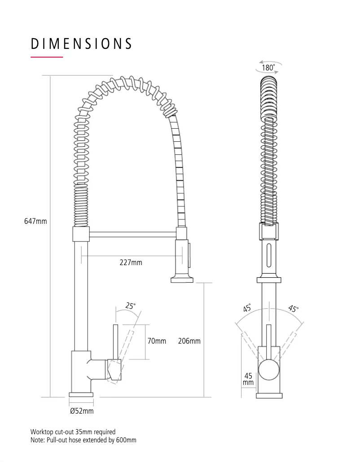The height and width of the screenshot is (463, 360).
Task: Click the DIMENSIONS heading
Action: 81,44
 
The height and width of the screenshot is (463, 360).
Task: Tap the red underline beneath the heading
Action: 47,57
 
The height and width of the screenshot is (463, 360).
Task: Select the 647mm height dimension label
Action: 35,221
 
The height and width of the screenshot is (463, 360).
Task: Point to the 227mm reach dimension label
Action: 131,262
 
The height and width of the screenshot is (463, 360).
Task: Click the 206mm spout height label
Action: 189,341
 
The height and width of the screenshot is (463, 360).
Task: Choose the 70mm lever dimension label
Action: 157,341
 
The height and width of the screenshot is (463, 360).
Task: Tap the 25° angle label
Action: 130,306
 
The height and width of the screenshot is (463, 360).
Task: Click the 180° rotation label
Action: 268,68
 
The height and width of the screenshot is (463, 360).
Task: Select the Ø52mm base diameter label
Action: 82,411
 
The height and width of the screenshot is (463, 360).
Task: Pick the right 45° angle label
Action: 293,309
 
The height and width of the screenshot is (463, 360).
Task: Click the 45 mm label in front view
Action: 248,379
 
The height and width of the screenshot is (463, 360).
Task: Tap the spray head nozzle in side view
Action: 182,280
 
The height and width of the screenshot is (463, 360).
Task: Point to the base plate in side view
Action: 81,394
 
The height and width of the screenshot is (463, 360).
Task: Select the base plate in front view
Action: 269,395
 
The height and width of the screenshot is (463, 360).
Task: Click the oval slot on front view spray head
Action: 269,256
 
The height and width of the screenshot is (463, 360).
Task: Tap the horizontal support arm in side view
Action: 132,234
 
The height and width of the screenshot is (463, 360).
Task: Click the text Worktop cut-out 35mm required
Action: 73,432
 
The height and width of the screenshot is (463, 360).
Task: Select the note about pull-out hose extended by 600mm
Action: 83,440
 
